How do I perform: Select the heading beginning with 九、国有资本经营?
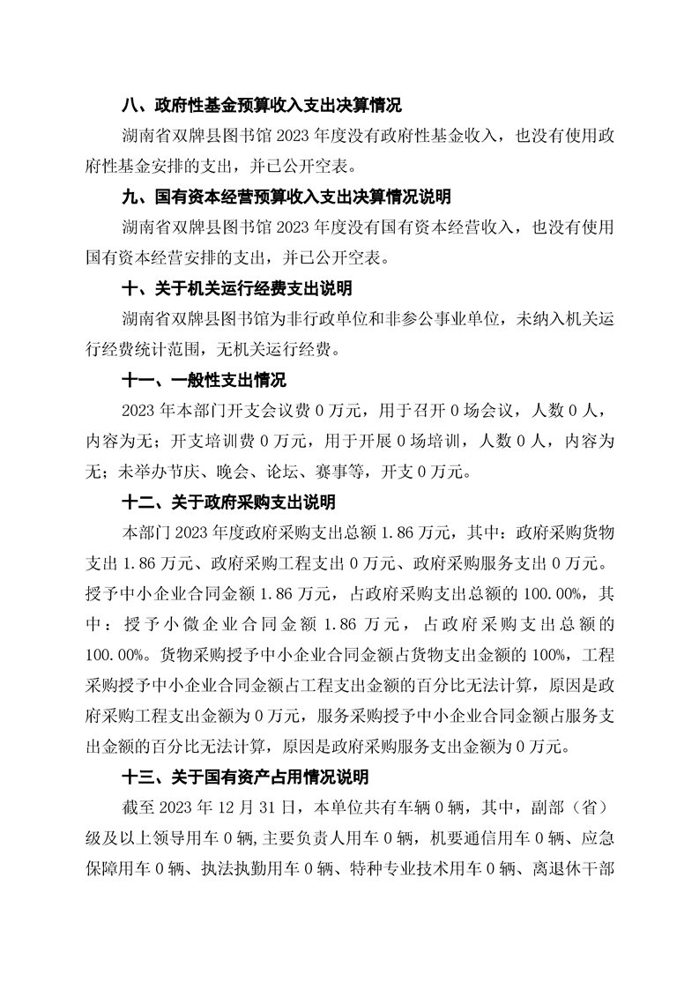point(286,197)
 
